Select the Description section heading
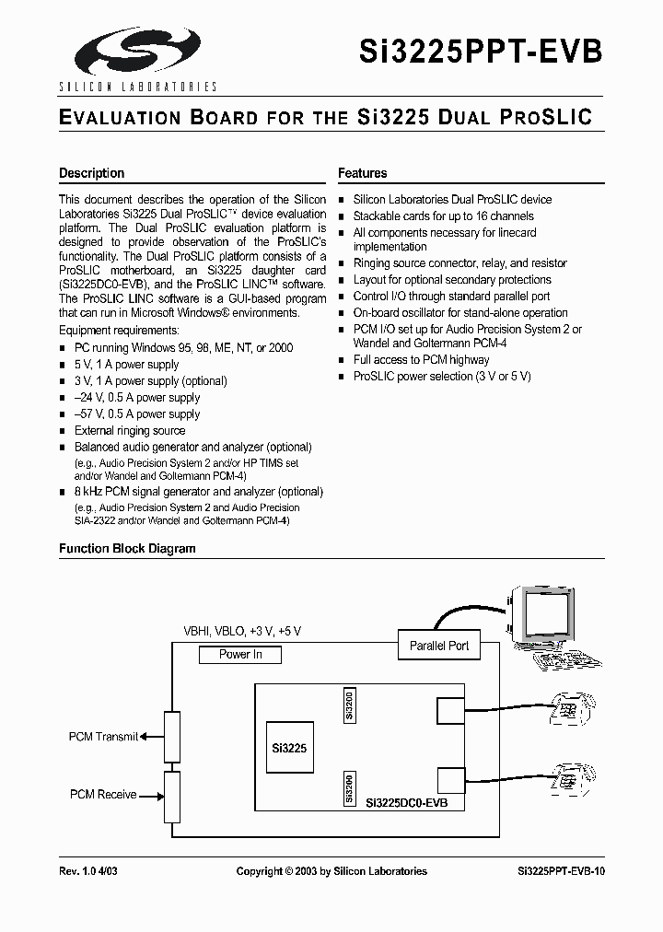click(x=91, y=173)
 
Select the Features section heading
click(x=362, y=173)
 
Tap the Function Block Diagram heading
click(x=127, y=549)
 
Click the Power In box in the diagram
click(x=240, y=655)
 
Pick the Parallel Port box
click(x=439, y=647)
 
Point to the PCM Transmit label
click(x=103, y=737)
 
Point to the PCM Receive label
click(x=103, y=795)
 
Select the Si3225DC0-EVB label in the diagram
click(x=407, y=803)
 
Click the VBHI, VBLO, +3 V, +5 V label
click(x=242, y=631)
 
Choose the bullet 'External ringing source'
click(x=130, y=431)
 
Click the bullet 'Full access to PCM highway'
click(x=422, y=360)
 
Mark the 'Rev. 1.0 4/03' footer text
click(x=88, y=871)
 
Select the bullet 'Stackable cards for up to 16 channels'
click(x=443, y=216)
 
